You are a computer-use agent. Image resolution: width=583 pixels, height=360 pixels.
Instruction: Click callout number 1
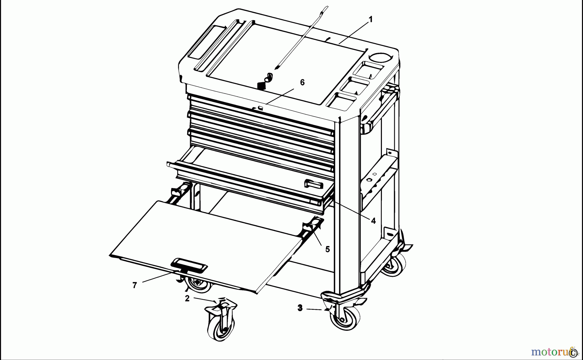[x=371, y=19]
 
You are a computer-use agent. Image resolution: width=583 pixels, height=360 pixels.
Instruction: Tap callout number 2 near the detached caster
[x=187, y=298]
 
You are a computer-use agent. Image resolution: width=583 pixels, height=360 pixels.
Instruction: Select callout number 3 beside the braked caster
[x=300, y=308]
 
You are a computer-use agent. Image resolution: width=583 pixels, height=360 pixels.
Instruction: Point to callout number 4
[x=373, y=221]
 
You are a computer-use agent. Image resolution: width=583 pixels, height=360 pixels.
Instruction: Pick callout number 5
[x=327, y=249]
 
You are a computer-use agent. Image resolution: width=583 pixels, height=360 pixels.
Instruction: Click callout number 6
[x=302, y=83]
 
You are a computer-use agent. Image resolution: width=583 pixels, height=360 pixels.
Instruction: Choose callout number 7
[x=135, y=285]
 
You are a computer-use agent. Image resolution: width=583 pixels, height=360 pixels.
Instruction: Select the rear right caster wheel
[x=394, y=265]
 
